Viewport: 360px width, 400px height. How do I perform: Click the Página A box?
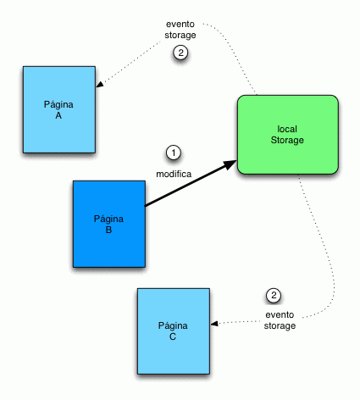(58, 109)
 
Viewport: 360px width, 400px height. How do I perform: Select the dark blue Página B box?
(109, 223)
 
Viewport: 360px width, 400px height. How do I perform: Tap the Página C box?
(172, 331)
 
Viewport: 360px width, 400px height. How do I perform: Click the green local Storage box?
(288, 135)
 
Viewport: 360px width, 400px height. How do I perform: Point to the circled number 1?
(174, 153)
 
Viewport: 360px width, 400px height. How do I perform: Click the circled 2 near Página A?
(181, 53)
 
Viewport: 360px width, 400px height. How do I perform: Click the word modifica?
(174, 174)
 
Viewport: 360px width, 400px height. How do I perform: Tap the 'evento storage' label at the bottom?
(280, 320)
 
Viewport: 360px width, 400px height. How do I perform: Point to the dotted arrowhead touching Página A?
(100, 86)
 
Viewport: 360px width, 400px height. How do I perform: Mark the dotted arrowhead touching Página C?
(213, 324)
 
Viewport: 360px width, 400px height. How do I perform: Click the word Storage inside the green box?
(288, 140)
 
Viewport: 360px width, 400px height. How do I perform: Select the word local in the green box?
(288, 129)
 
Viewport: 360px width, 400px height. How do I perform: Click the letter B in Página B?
(108, 229)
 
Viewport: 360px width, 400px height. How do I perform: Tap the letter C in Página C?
(172, 336)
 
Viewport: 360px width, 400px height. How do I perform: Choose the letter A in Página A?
(58, 115)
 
